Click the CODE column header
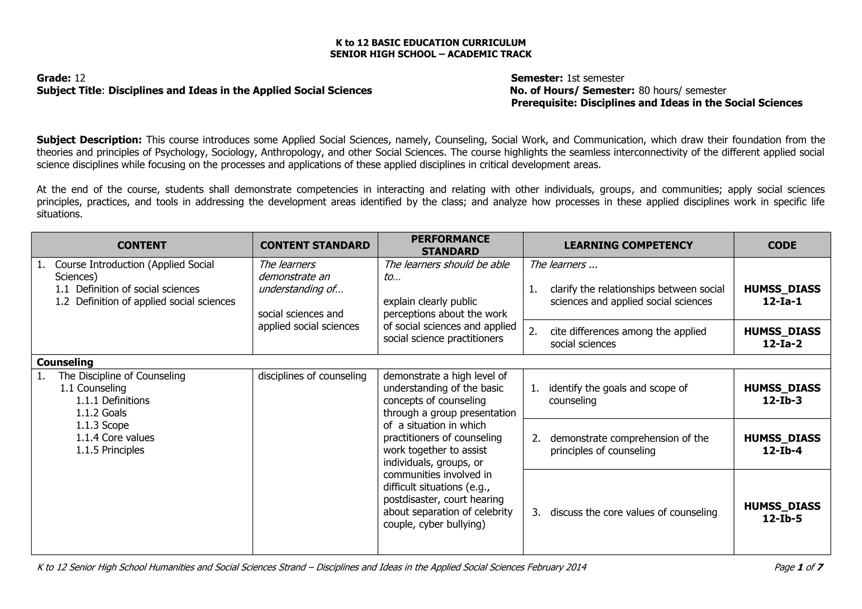click(782, 245)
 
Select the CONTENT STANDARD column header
click(315, 245)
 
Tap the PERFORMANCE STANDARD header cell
click(450, 245)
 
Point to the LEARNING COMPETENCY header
click(628, 245)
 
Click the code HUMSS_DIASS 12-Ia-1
click(782, 295)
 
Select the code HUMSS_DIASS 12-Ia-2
click(782, 338)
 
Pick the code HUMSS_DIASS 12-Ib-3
click(782, 394)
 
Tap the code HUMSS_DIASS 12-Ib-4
click(782, 445)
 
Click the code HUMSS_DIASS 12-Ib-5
click(782, 512)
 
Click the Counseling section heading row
click(65, 362)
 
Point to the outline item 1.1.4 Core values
click(115, 438)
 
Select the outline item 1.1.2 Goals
click(101, 413)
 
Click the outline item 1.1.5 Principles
click(110, 450)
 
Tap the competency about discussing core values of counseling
click(633, 512)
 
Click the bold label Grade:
click(53, 78)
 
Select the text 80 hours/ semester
click(682, 91)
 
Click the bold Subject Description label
click(89, 140)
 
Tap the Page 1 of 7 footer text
click(798, 567)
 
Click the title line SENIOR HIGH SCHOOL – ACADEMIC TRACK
click(431, 54)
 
